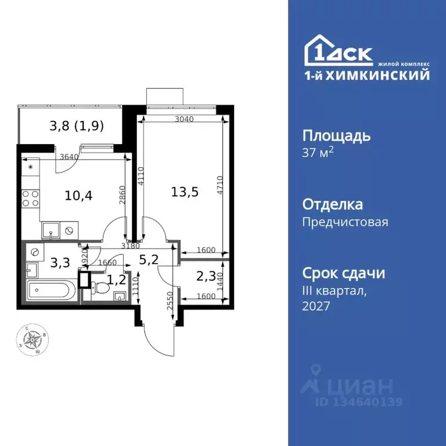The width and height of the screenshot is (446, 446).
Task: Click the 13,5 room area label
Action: coord(186,192)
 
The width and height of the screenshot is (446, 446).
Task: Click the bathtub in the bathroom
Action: coord(52,290)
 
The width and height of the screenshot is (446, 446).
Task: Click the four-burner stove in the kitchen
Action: coord(29,199)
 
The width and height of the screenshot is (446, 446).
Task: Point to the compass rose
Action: coord(34,340)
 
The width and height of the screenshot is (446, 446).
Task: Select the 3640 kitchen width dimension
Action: coord(69,156)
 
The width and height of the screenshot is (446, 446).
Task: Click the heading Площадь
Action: coord(336,136)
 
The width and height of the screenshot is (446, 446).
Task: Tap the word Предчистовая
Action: coord(345,221)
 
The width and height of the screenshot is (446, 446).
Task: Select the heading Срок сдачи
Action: coord(344,273)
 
